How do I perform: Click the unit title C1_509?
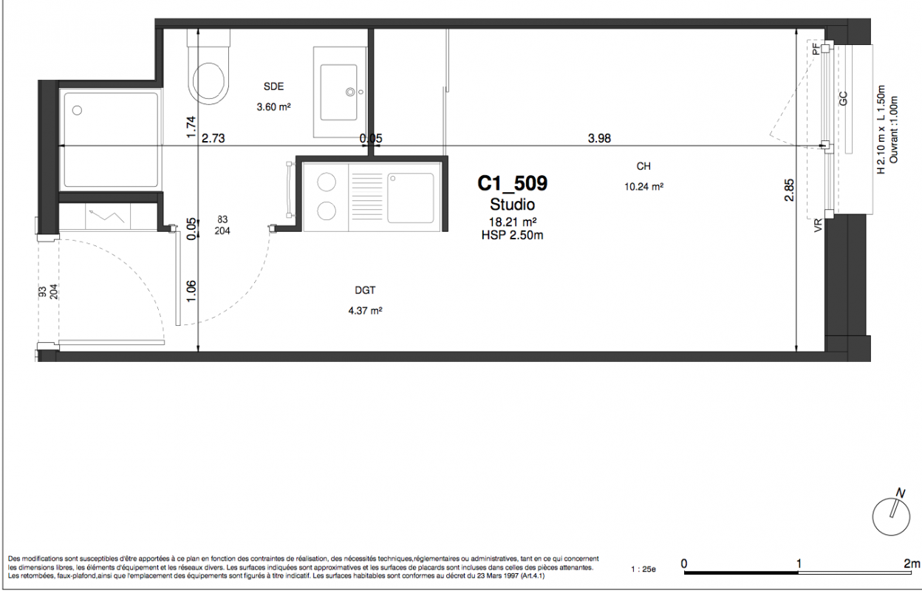[x=513, y=183]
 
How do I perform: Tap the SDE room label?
[x=273, y=86]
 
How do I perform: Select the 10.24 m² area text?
[x=643, y=187]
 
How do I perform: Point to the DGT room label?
[x=365, y=290]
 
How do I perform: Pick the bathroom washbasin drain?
[x=350, y=92]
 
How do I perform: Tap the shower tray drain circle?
[x=77, y=110]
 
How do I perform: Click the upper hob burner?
[x=327, y=182]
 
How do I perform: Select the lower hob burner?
[x=327, y=211]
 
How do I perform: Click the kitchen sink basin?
[x=410, y=198]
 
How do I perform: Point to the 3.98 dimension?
[x=599, y=138]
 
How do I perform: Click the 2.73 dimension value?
[x=214, y=138]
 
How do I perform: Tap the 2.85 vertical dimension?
[x=789, y=190]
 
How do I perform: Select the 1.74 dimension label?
[x=191, y=127]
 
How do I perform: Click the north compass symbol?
[x=892, y=513]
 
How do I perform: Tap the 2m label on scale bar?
[x=912, y=564]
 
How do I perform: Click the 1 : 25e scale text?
[x=643, y=569]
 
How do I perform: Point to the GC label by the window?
[x=843, y=98]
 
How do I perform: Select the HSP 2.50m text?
[x=513, y=236]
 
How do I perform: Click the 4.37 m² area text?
[x=366, y=311]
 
